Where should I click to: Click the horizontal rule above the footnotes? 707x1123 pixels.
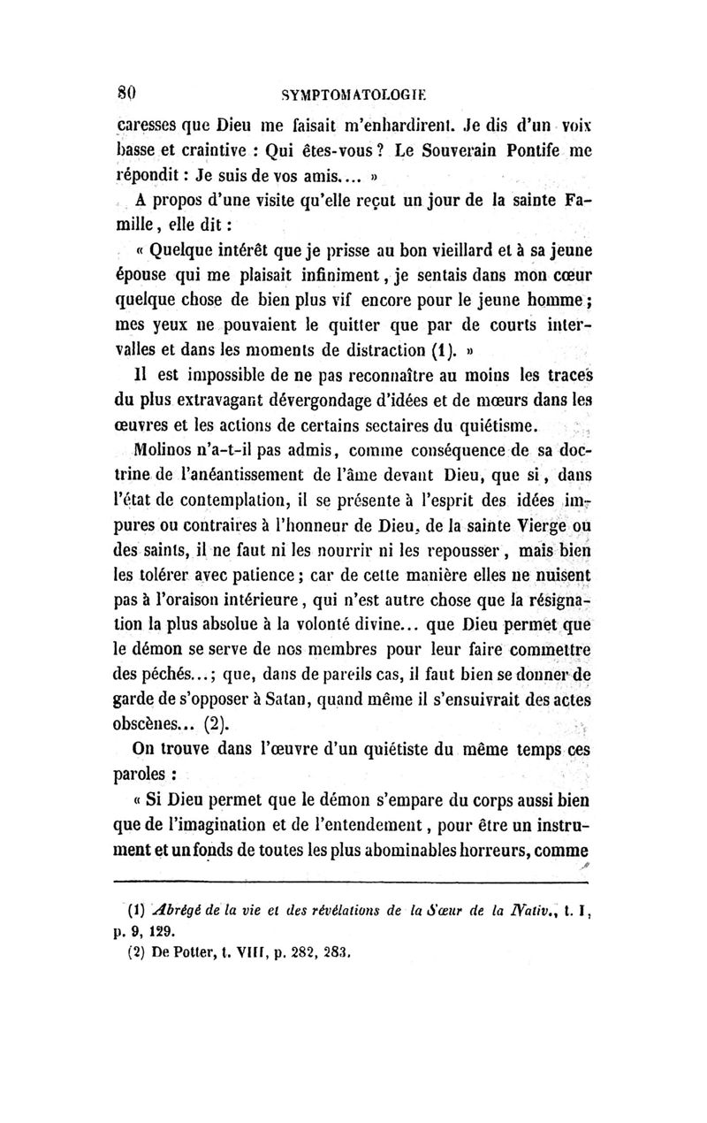pos(353,881)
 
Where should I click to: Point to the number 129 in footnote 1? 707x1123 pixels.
pos(161,930)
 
